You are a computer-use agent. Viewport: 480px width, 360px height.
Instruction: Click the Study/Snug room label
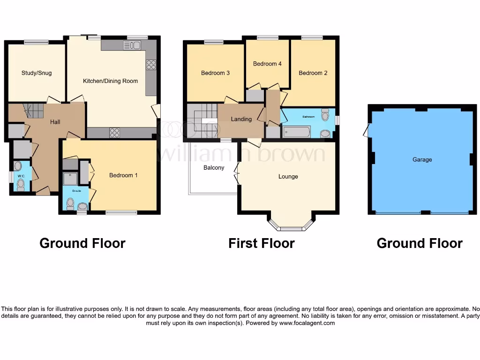[37, 73]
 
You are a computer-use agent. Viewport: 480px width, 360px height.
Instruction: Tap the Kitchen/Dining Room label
[110, 81]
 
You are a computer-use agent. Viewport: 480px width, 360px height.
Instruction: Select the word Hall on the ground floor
[55, 122]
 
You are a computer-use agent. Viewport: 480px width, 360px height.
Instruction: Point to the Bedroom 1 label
[123, 175]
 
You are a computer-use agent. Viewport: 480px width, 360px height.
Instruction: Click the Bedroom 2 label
[313, 73]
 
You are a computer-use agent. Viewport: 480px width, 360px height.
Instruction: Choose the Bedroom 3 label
[215, 73]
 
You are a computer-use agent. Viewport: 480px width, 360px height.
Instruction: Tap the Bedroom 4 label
[267, 64]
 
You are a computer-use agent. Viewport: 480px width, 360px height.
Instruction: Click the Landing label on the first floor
[241, 119]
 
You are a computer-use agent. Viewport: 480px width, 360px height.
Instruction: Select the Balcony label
[214, 168]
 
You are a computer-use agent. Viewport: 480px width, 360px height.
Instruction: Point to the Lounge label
[288, 177]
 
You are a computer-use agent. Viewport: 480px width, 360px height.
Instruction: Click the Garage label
[422, 160]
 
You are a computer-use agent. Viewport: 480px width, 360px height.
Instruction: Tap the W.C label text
[20, 176]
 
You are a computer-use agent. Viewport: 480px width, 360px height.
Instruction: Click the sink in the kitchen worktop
[132, 45]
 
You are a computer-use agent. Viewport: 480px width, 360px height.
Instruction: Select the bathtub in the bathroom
[297, 132]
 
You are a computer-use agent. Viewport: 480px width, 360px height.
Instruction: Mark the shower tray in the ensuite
[70, 179]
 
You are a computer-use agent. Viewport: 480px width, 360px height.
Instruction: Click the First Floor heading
[261, 243]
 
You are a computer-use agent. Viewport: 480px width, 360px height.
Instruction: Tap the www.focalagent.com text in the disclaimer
[307, 323]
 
